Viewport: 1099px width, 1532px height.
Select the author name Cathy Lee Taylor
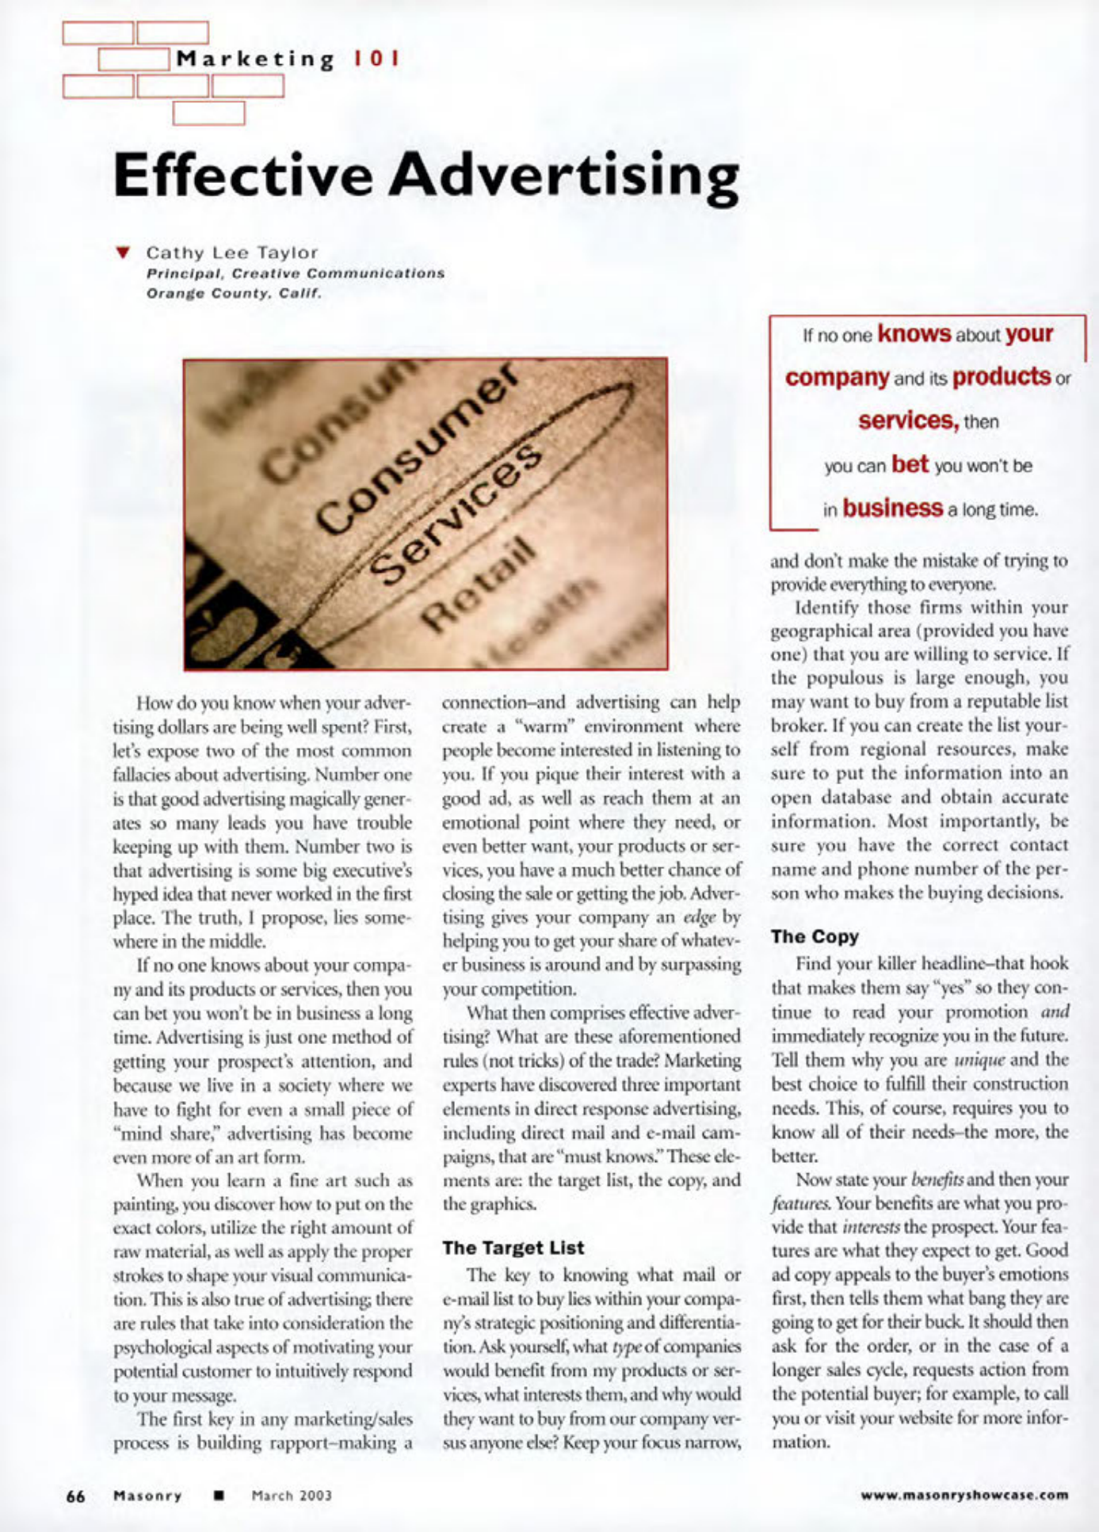(231, 253)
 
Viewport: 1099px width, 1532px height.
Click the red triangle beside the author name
(122, 253)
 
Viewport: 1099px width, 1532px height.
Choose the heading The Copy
(815, 936)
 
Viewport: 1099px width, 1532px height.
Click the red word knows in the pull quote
(914, 333)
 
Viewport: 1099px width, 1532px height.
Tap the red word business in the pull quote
(893, 507)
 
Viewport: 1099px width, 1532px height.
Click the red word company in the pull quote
(837, 376)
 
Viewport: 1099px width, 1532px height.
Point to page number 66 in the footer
(75, 1496)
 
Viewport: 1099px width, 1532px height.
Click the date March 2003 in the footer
(292, 1496)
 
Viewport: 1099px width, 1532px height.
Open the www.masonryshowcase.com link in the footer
(964, 1496)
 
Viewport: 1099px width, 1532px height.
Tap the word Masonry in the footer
(147, 1496)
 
